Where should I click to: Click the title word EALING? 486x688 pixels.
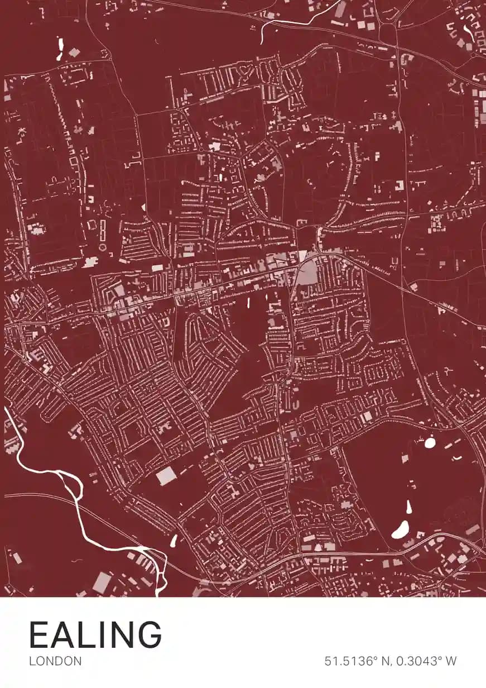pyautogui.click(x=95, y=634)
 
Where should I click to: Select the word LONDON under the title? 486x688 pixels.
pyautogui.click(x=55, y=661)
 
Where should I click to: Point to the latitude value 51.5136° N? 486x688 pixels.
pyautogui.click(x=357, y=661)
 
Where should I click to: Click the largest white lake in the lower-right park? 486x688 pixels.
pyautogui.click(x=401, y=529)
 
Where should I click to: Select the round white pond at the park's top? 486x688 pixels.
pyautogui.click(x=430, y=443)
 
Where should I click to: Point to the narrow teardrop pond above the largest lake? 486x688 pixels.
pyautogui.click(x=408, y=507)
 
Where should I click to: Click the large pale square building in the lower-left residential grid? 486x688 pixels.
pyautogui.click(x=166, y=476)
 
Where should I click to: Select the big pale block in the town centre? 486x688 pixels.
pyautogui.click(x=306, y=274)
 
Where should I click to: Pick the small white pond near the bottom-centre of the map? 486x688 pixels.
pyautogui.click(x=173, y=541)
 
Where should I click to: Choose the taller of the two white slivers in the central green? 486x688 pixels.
pyautogui.click(x=248, y=304)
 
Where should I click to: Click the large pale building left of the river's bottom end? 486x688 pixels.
pyautogui.click(x=102, y=582)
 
